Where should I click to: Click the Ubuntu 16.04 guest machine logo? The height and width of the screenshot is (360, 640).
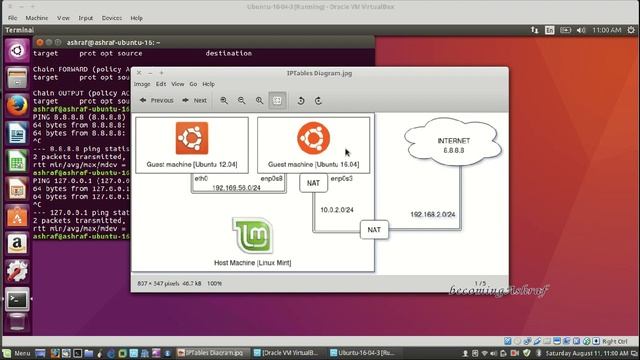point(313,138)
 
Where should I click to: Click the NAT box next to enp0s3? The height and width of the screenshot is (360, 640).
point(313,183)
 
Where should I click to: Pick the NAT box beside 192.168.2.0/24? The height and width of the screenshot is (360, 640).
point(374,229)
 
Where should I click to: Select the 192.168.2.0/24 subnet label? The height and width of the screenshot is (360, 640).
point(432,214)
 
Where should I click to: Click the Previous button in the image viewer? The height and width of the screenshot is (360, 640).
point(156,100)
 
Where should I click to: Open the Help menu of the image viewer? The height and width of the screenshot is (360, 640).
point(209,84)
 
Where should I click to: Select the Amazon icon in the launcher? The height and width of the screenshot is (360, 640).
point(16,243)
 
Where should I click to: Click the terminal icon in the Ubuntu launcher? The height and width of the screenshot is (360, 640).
point(16,298)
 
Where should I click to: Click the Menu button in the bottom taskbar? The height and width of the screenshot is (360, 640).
point(17,353)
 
